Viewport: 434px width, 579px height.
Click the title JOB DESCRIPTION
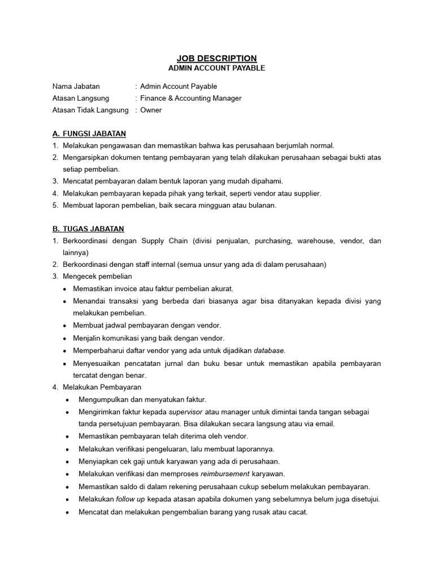tap(217, 58)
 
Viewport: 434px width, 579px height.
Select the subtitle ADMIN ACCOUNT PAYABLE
tap(217, 68)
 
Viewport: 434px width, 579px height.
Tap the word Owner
tap(151, 110)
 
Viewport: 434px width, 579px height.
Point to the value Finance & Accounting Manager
tap(190, 98)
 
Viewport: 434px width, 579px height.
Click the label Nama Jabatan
tap(76, 87)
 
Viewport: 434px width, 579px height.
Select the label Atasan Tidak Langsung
tap(90, 110)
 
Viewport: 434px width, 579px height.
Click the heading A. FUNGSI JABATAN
tap(89, 134)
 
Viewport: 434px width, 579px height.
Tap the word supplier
tap(307, 193)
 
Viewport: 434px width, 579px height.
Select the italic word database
tap(270, 351)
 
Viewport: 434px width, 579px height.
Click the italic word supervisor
tap(186, 412)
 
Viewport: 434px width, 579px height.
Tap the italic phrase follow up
tap(131, 499)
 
